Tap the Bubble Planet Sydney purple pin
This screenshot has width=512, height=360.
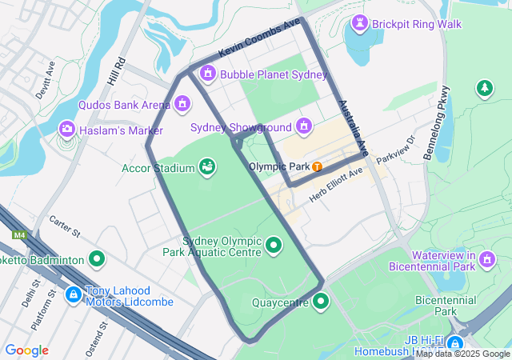coord(208,74)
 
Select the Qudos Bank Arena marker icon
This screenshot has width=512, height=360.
coord(182,104)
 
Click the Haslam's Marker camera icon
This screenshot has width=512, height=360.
coord(67,130)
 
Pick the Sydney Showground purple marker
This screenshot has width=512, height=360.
coord(304,126)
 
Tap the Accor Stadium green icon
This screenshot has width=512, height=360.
coord(207,167)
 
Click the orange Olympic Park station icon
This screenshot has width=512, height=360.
coord(318,167)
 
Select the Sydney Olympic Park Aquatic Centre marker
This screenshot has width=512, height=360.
coord(274,245)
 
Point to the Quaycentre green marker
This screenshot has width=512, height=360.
coord(321,302)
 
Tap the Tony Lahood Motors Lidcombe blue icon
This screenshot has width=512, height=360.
coord(73,295)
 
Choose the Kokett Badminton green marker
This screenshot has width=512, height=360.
coord(97,259)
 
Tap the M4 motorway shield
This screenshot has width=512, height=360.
coord(18,235)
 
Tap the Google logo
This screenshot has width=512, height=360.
coord(26,350)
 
